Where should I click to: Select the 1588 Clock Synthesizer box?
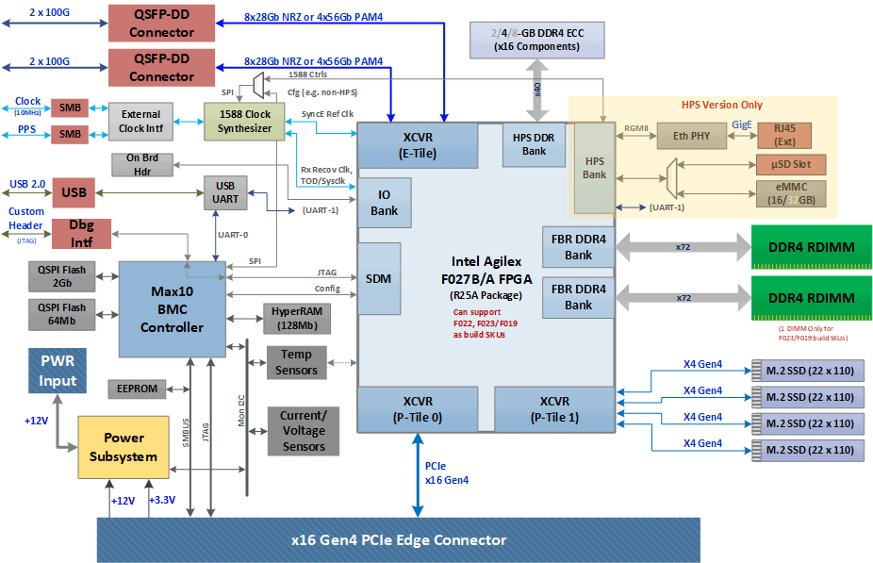click(x=244, y=121)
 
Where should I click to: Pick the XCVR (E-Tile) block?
click(x=418, y=145)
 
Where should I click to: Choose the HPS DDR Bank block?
click(x=534, y=143)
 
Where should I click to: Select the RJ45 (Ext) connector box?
click(x=779, y=135)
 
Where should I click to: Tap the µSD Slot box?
click(x=779, y=164)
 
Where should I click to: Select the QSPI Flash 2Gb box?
click(x=62, y=275)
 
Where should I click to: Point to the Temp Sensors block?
click(x=296, y=362)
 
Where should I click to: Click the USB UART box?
click(x=225, y=192)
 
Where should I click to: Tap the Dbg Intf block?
click(x=81, y=234)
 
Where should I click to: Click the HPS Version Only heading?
click(x=721, y=105)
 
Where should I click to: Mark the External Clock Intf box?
click(x=140, y=122)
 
